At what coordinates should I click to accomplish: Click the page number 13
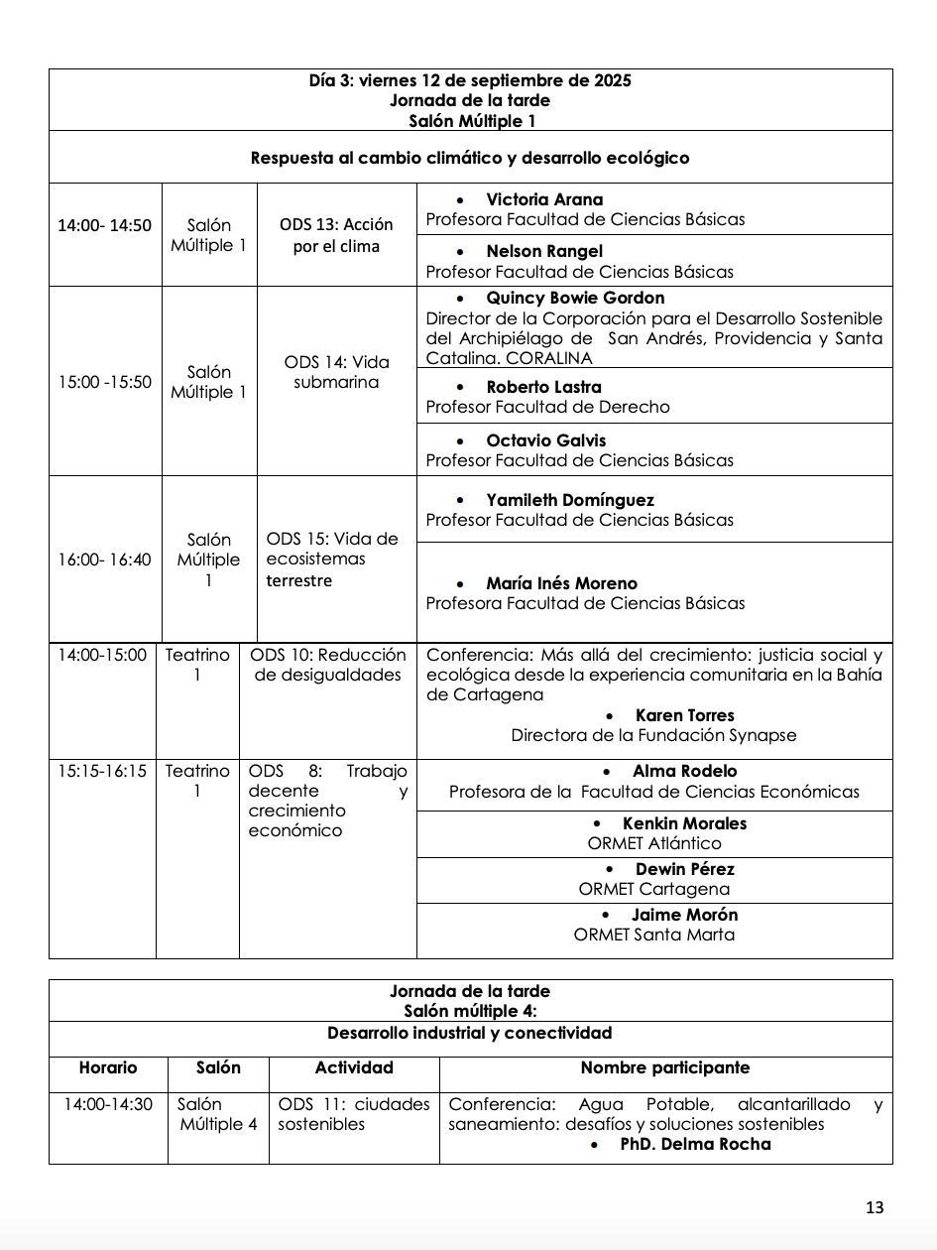(874, 1207)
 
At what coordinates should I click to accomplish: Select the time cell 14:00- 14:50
(104, 225)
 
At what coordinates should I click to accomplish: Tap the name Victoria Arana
(543, 199)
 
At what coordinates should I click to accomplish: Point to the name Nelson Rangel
(543, 252)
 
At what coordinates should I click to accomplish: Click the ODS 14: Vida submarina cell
(336, 372)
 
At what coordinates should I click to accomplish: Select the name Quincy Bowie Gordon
(575, 298)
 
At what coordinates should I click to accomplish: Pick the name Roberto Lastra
(543, 387)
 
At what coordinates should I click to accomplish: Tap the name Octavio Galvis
(545, 440)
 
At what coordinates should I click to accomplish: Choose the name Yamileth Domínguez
(570, 500)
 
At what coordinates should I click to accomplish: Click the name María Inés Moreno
(561, 583)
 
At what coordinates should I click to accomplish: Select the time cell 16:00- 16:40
(104, 560)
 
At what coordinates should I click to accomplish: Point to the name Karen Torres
(684, 715)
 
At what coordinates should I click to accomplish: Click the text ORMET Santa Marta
(654, 935)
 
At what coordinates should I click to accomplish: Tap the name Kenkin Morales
(684, 823)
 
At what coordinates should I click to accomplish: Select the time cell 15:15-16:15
(102, 771)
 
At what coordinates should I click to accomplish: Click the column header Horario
(108, 1067)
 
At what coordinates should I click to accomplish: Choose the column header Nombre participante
(664, 1067)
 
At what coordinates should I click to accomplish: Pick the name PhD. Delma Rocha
(695, 1144)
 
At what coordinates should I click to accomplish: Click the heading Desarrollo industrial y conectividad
(469, 1033)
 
